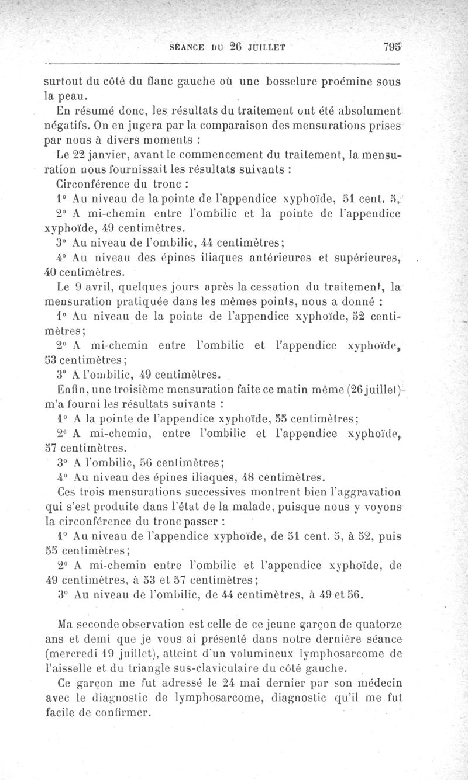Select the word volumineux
(289, 649)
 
